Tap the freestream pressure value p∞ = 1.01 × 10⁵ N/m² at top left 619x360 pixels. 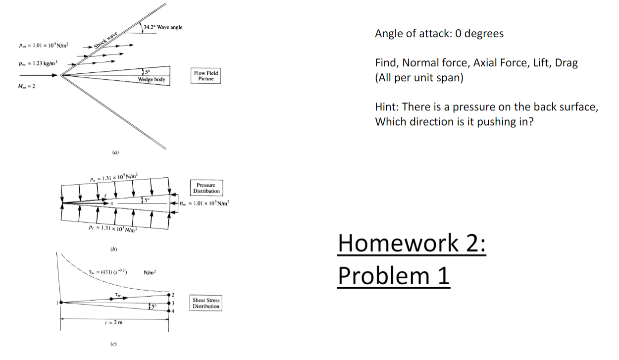click(44, 45)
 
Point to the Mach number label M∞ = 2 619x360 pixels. click(28, 88)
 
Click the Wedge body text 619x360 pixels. click(152, 79)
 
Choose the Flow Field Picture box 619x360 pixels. click(206, 75)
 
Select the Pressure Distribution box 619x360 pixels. click(206, 188)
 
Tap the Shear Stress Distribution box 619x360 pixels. click(206, 303)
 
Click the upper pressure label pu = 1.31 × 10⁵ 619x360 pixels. click(114, 177)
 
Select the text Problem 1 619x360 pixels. click(394, 275)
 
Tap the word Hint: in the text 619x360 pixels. click(388, 107)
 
